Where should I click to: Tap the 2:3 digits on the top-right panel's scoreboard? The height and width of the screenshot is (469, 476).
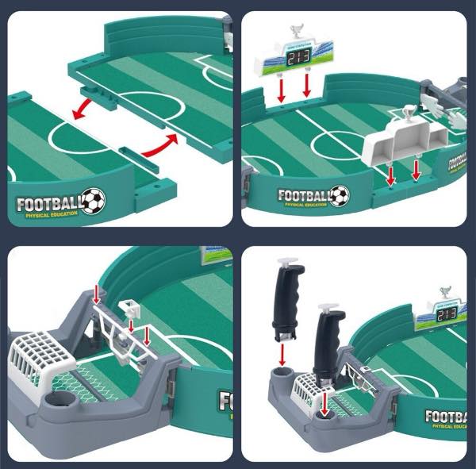click(299, 58)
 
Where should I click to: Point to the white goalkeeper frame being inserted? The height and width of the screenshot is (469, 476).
click(119, 329)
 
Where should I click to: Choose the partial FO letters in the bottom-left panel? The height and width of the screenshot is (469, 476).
click(226, 400)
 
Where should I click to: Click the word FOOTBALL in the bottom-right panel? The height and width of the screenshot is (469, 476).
click(448, 415)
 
